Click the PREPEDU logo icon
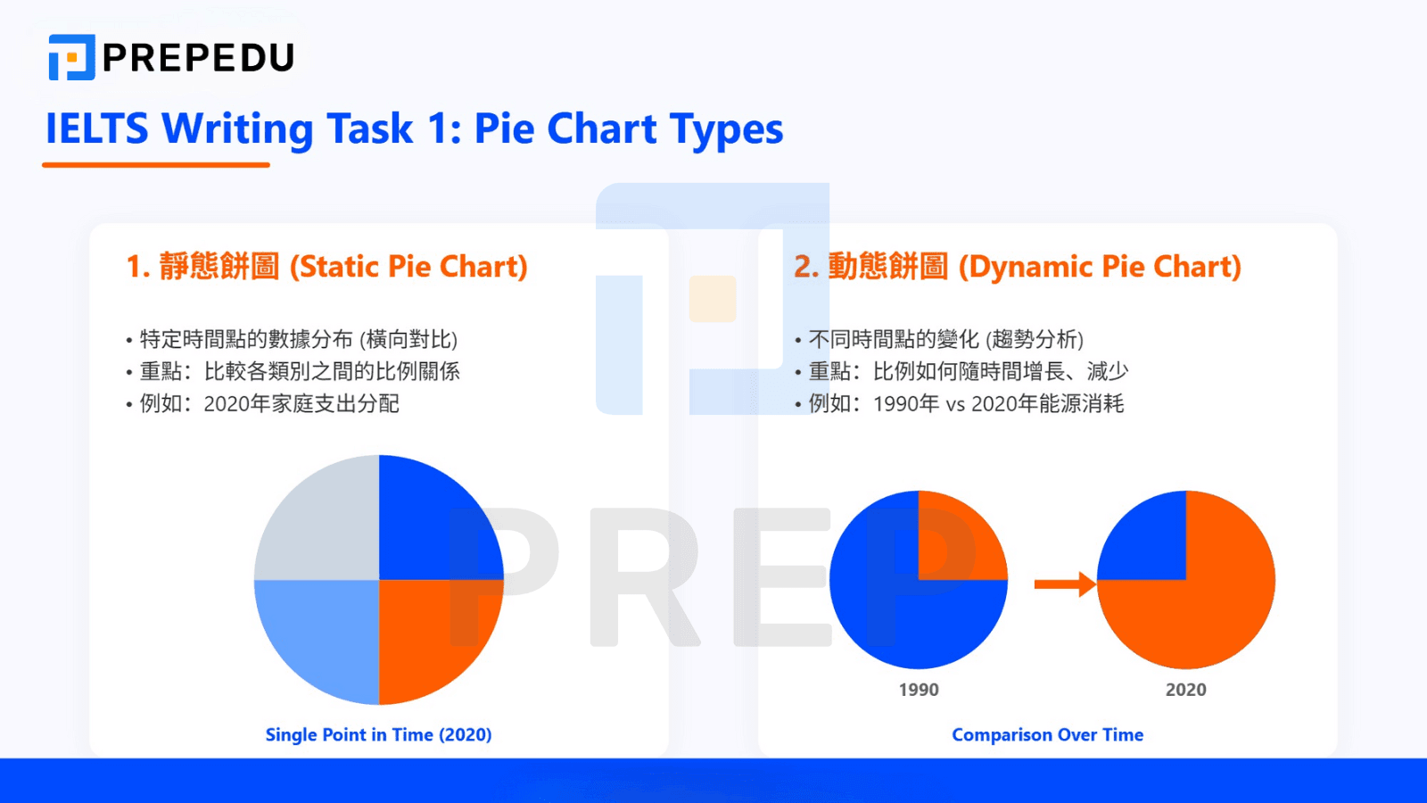click(x=71, y=57)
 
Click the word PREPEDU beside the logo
click(x=198, y=58)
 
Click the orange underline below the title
click(x=156, y=165)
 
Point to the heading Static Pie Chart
click(x=326, y=266)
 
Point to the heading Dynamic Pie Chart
click(x=1018, y=266)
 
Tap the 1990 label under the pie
click(x=919, y=690)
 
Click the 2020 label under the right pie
click(x=1185, y=690)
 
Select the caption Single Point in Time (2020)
click(x=378, y=734)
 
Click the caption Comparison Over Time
click(x=1047, y=734)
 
